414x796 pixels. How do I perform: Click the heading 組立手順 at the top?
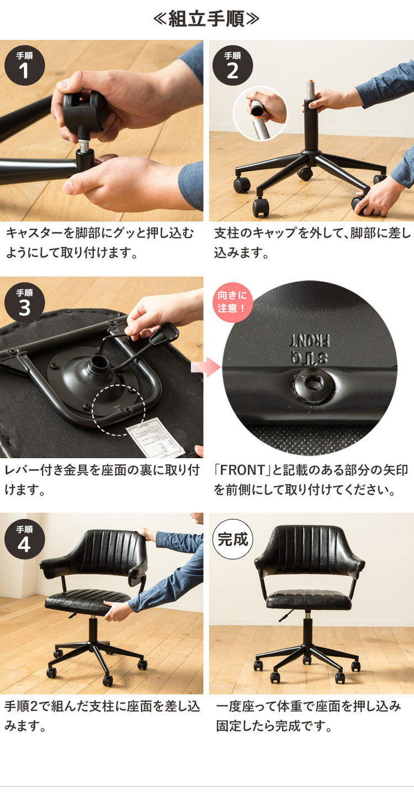click(206, 19)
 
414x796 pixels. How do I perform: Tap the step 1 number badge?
click(24, 65)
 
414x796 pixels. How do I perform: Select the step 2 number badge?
click(232, 65)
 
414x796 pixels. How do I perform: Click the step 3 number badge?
click(24, 302)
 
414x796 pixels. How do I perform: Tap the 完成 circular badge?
click(232, 539)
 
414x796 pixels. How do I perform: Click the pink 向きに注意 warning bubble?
click(232, 302)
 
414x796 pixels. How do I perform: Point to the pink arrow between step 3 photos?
click(205, 367)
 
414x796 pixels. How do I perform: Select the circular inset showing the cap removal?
click(260, 113)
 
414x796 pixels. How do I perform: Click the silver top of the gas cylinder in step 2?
click(310, 89)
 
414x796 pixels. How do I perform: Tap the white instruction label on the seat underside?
click(155, 437)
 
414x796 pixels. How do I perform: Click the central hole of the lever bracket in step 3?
click(100, 364)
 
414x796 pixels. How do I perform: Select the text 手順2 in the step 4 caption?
click(24, 707)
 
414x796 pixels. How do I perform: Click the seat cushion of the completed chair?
click(309, 599)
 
